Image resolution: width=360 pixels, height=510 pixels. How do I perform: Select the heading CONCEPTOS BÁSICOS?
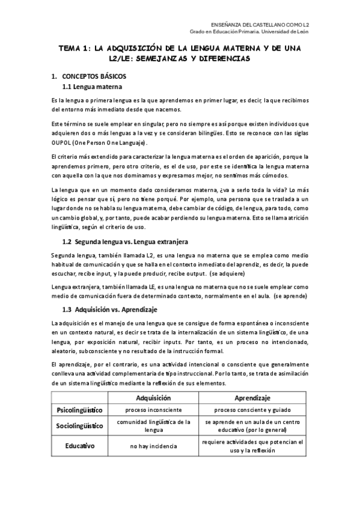(x=93, y=78)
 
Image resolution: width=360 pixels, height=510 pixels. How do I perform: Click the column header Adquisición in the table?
(x=154, y=398)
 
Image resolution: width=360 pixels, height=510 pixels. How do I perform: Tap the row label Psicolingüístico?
(x=79, y=410)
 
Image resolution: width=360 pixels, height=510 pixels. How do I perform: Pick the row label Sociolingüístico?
(x=79, y=426)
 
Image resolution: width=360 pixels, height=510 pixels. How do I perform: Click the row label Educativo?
(x=79, y=446)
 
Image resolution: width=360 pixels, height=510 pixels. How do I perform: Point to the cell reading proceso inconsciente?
(x=154, y=410)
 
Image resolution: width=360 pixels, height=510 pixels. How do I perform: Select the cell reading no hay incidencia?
(x=154, y=446)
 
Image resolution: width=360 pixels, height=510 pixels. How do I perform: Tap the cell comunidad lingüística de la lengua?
(x=154, y=426)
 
